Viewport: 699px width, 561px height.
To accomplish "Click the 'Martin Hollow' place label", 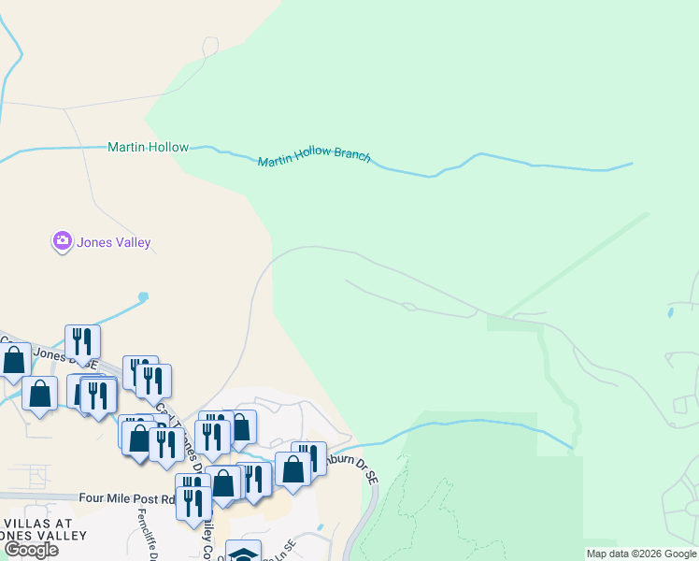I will (x=148, y=147).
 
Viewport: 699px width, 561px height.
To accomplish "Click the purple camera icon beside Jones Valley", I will (x=62, y=242).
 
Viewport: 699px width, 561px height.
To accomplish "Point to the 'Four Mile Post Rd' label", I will (x=128, y=499).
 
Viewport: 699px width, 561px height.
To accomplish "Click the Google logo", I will (x=30, y=550).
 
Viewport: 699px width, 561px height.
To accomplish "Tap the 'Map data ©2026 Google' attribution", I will (x=641, y=554).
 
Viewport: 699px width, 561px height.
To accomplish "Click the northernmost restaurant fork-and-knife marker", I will (x=82, y=341).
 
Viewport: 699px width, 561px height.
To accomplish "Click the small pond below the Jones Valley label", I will (x=142, y=297).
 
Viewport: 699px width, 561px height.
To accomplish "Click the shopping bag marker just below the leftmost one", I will (x=40, y=393).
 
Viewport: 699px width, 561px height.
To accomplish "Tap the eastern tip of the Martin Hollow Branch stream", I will (x=632, y=165).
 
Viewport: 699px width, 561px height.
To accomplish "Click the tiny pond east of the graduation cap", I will (x=320, y=527).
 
